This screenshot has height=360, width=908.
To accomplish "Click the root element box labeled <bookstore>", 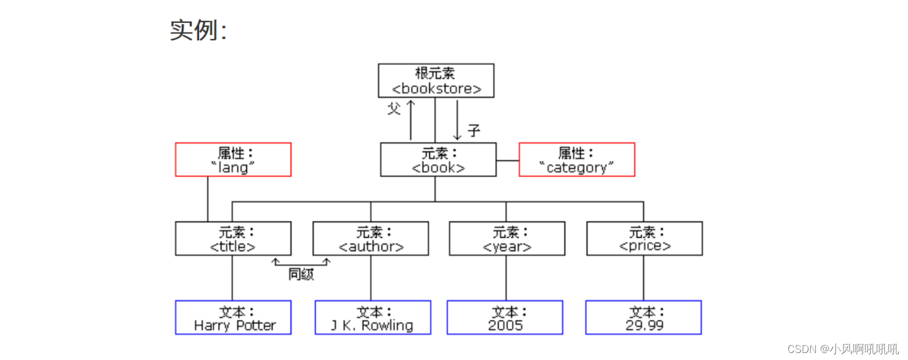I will [436, 80].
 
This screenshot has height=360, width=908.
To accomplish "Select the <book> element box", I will [438, 160].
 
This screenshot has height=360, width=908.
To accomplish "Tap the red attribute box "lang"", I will [233, 160].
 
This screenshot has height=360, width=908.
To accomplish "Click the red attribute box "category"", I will [577, 160].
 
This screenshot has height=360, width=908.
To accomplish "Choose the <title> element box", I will [233, 238].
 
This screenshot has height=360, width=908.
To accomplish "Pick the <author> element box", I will [370, 238].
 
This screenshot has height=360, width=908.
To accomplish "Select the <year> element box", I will [507, 238].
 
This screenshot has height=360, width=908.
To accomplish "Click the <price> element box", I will [644, 238].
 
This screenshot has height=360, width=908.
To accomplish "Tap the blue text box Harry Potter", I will [233, 317].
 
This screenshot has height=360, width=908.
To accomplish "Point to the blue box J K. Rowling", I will [373, 317].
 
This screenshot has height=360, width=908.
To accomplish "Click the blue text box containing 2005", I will [505, 317].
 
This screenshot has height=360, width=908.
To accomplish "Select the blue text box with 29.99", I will [644, 317].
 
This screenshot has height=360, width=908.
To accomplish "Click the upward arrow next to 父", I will [411, 119].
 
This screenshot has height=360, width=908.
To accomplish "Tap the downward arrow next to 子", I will [457, 119].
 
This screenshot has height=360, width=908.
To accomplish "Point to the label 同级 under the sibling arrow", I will [301, 275].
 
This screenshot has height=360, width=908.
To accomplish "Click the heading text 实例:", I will [198, 30].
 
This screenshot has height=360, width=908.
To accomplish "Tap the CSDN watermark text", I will [843, 349].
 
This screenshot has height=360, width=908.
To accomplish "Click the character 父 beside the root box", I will [394, 108].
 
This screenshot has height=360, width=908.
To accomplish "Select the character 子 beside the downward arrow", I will [474, 130].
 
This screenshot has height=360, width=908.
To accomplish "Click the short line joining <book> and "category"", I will [507, 160].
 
